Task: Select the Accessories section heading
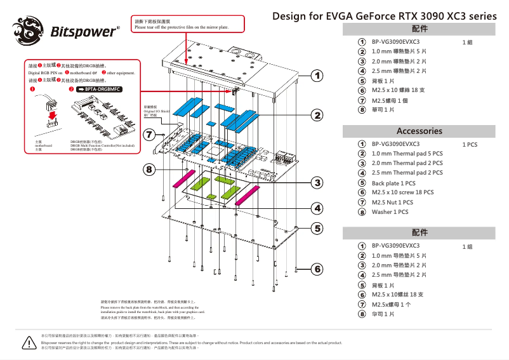419,131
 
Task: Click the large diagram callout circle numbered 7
149,135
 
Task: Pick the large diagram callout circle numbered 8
149,170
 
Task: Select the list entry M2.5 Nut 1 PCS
392,203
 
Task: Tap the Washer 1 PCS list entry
390,212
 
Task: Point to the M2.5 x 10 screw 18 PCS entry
402,192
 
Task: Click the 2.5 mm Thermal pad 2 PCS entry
407,173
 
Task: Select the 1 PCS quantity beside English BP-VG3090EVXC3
470,145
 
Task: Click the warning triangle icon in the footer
27,342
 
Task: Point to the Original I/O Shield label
155,110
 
